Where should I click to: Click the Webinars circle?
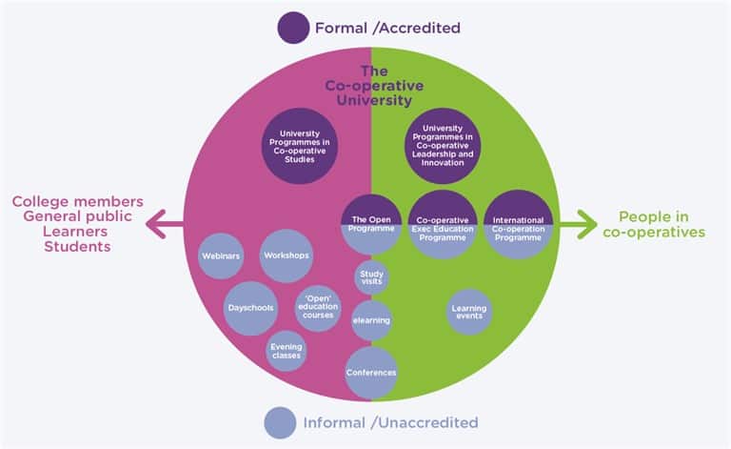point(221,255)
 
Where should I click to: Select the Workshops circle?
point(286,255)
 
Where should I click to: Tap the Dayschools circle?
point(252,308)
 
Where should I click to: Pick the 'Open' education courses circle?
point(317,309)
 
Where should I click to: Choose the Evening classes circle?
point(286,351)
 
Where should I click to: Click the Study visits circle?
point(371,278)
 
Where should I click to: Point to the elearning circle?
point(371,320)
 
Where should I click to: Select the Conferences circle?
point(371,372)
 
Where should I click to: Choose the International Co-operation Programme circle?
point(519,225)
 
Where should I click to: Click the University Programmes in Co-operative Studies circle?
point(297,146)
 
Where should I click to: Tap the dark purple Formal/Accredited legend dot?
point(292,28)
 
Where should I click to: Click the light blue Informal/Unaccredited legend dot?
point(280,422)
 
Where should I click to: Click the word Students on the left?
point(77,247)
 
